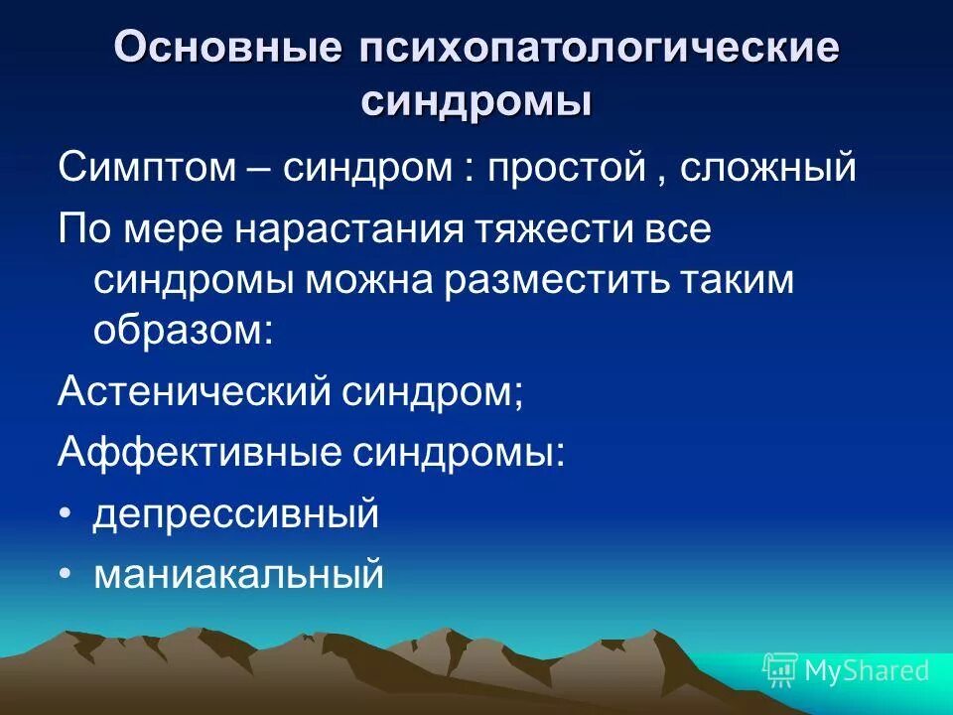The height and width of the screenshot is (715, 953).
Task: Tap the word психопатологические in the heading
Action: tap(592, 50)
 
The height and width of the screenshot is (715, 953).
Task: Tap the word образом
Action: tap(182, 330)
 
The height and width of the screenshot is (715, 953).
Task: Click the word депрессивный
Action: tap(236, 514)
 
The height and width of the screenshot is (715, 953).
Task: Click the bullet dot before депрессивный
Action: tap(66, 514)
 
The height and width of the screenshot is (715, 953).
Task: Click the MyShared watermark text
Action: tap(867, 670)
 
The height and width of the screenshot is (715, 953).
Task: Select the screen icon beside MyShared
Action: tap(780, 670)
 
